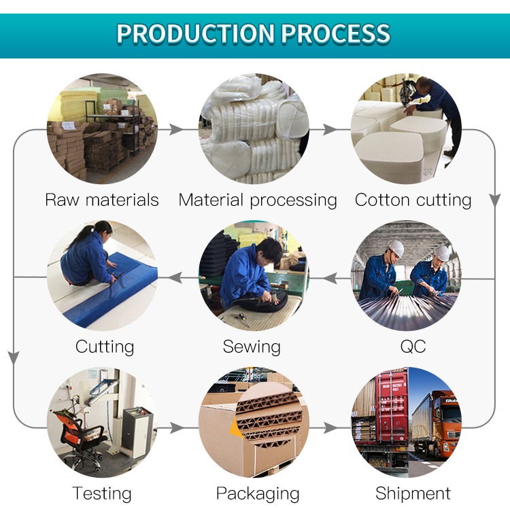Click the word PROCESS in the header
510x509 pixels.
pos(335,33)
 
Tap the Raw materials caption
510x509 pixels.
pos(102,200)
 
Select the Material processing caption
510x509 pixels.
pos(258,200)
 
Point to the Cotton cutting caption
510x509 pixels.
pos(413,200)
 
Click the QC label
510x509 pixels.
pos(413,347)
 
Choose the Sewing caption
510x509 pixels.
pos(252,347)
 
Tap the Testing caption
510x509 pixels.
pos(102,494)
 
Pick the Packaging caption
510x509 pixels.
pos(258,494)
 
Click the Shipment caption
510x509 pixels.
pos(413,493)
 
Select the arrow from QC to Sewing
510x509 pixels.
pos(330,278)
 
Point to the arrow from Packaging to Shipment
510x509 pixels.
pos(330,427)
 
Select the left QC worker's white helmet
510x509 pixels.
pos(396,248)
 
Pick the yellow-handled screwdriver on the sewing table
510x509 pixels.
pos(243,318)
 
